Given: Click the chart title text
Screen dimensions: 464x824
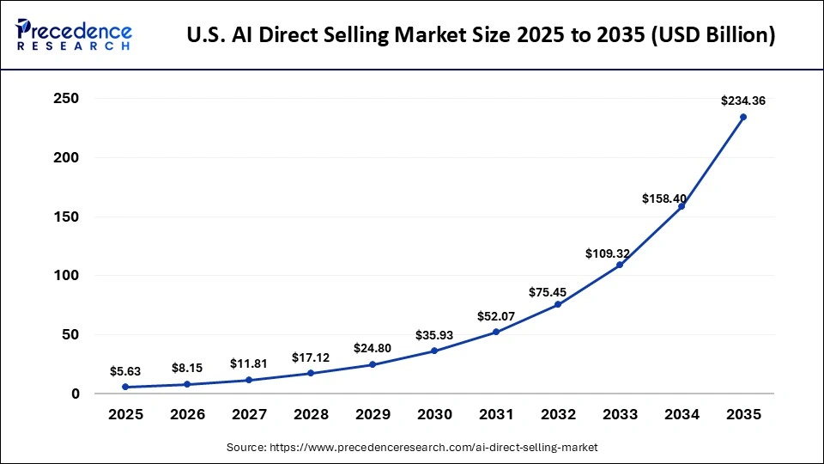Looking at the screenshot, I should pyautogui.click(x=482, y=35).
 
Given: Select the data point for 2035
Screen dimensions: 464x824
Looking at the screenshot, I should pyautogui.click(x=743, y=117).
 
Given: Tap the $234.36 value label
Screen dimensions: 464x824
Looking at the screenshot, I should pyautogui.click(x=744, y=101).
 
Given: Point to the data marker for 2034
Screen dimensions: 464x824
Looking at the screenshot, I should pyautogui.click(x=682, y=206).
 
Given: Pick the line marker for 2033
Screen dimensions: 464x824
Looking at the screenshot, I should pyautogui.click(x=620, y=265).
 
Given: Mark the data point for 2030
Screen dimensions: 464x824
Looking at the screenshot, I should pyautogui.click(x=434, y=351).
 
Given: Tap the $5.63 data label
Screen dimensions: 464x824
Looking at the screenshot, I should pyautogui.click(x=125, y=371).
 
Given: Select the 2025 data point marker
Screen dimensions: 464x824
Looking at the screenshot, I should pyautogui.click(x=125, y=387).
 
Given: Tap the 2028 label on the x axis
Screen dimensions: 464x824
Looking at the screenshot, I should pyautogui.click(x=311, y=414).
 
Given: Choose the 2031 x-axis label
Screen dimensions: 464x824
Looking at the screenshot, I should pyautogui.click(x=496, y=414).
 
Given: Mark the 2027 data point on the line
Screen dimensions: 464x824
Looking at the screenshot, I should pyautogui.click(x=249, y=380).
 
